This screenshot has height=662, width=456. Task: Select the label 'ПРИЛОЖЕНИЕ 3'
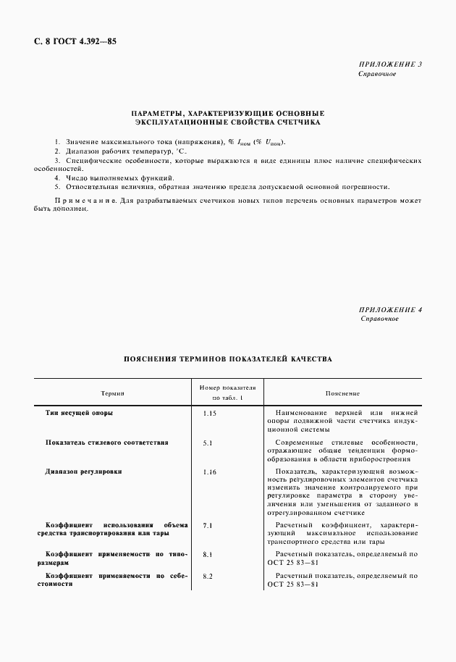(x=389, y=64)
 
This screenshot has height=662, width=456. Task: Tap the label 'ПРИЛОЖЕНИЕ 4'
(x=389, y=310)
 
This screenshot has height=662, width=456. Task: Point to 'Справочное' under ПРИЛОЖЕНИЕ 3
(x=377, y=74)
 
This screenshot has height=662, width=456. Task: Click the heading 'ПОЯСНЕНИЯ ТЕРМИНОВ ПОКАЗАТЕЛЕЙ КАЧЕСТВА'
(x=227, y=358)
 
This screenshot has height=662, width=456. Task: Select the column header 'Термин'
(x=113, y=393)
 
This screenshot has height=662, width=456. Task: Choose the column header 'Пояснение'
(x=342, y=393)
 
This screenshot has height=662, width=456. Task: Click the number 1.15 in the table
(x=210, y=413)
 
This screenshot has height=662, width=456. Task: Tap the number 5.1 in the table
(x=208, y=443)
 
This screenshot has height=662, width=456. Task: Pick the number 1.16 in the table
(x=210, y=472)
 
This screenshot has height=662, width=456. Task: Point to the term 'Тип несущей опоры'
(x=79, y=412)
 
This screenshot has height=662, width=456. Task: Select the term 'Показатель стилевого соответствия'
(x=106, y=442)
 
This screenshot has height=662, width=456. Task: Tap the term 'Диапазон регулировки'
(x=83, y=472)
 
